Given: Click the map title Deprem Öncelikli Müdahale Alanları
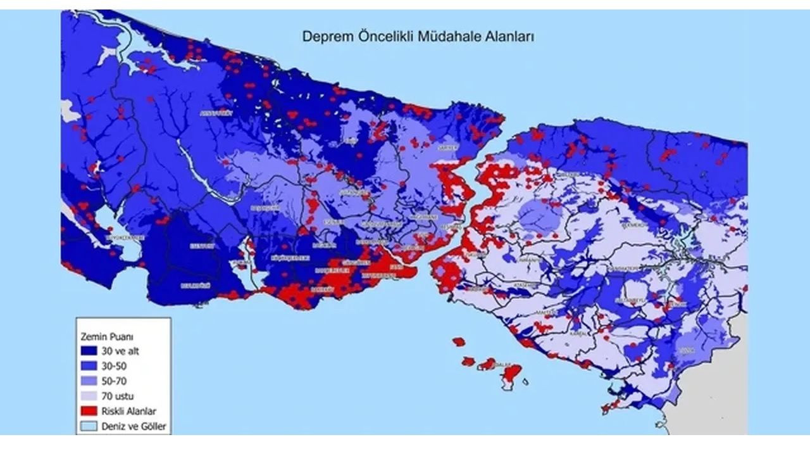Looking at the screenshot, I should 418,37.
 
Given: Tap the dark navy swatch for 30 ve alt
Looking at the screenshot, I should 89,351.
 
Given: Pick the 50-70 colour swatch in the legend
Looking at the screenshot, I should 89,381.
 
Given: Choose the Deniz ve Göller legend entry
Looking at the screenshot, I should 134,426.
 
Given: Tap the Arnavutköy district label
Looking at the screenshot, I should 216,113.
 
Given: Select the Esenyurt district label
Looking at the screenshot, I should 202,245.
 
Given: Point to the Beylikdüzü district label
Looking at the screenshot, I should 196,286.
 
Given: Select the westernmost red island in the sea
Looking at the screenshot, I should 459,342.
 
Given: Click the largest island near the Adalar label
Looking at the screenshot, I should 511,374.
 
